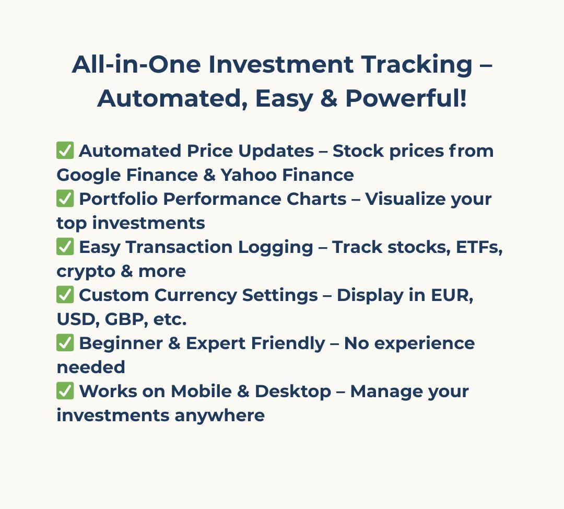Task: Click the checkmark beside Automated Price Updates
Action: pyautogui.click(x=65, y=151)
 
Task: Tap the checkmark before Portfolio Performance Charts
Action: pyautogui.click(x=65, y=199)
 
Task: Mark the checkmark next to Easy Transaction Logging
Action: pyautogui.click(x=65, y=247)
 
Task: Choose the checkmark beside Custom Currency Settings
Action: pyautogui.click(x=65, y=295)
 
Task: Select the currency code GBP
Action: pyautogui.click(x=124, y=319)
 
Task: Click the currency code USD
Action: pyautogui.click(x=76, y=319)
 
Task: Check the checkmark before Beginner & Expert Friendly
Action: pyautogui.click(x=65, y=343)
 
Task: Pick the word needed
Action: pyautogui.click(x=91, y=367)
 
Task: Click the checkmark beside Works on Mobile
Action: pyautogui.click(x=65, y=391)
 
